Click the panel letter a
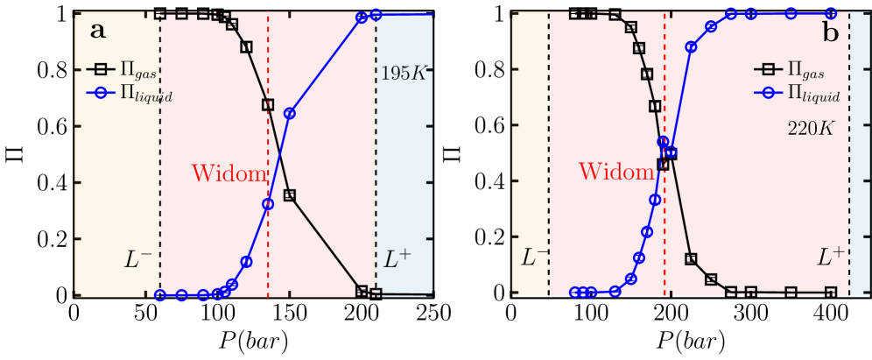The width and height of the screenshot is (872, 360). pos(98,32)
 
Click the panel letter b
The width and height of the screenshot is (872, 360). pos(830,33)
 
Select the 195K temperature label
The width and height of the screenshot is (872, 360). pos(403,74)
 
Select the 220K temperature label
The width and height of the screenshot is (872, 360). pos(811,129)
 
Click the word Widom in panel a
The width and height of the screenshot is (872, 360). pos(229,173)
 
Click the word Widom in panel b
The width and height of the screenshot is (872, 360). pos(615,172)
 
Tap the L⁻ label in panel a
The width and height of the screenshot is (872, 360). pos(138,259)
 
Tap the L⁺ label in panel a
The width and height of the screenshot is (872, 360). pos(397,259)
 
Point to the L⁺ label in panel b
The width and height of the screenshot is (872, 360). pos(831,258)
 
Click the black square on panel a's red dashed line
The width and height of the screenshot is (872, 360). pos(268,104)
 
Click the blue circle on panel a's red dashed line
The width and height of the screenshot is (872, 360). pos(268,203)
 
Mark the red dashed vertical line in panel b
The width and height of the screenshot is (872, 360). pos(665,228)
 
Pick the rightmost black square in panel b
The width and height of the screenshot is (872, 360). pos(831,292)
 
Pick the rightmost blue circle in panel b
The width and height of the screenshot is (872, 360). pos(831,13)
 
